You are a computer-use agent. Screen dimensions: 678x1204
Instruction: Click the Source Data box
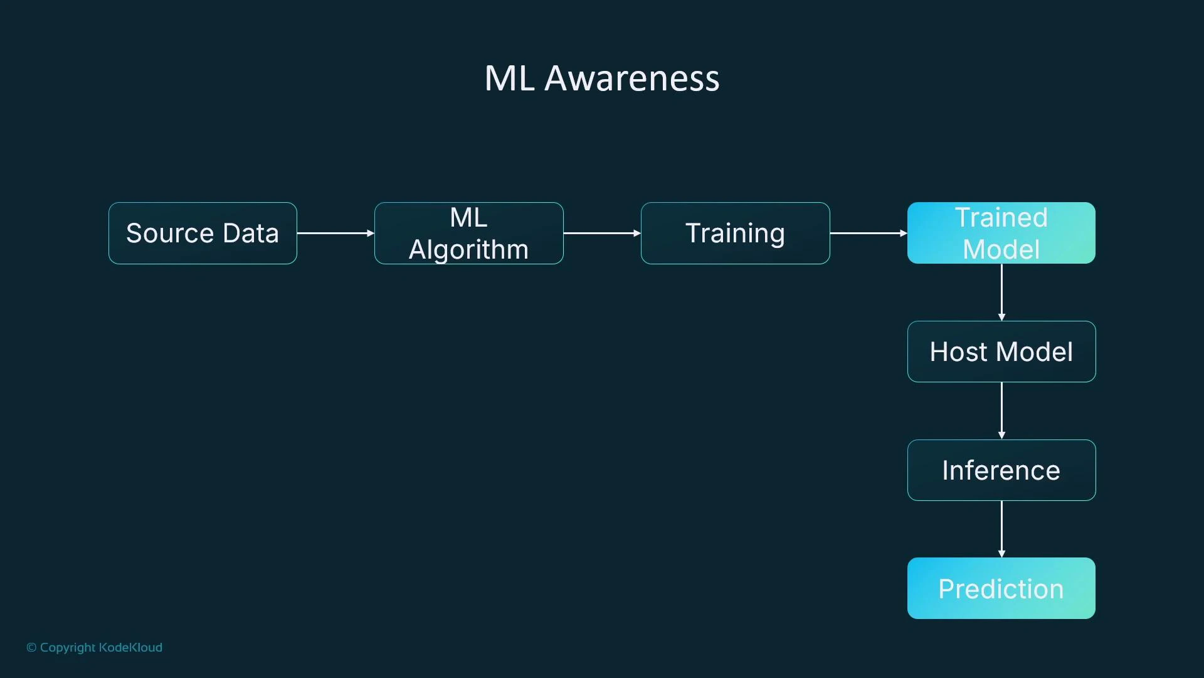coord(203,233)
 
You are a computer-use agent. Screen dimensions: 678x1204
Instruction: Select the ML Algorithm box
coord(468,233)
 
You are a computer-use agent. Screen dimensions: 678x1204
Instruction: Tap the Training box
coord(735,233)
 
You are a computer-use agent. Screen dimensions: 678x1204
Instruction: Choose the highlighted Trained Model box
coord(1001,233)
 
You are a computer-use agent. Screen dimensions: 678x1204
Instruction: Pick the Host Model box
coord(1001,352)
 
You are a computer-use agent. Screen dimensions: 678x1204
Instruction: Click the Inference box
coord(1001,470)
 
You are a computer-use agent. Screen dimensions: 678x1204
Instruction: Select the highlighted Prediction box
coord(1001,588)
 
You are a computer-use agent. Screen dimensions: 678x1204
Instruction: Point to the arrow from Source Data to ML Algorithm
coord(335,233)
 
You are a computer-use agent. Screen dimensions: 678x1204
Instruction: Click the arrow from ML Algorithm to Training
coord(602,233)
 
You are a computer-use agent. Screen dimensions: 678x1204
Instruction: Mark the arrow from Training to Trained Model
coord(869,233)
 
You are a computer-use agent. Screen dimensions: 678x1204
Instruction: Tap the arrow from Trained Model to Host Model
coord(1001,292)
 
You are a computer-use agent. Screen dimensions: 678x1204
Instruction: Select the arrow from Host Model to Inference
coord(1001,411)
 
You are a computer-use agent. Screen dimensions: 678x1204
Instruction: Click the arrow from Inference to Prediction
coord(1001,529)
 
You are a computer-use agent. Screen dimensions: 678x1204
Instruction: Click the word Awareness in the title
coord(631,78)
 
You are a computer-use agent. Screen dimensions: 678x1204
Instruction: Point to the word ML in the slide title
coord(509,78)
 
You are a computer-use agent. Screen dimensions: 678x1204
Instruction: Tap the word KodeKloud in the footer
coord(130,647)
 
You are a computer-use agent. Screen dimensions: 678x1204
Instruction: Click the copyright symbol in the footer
coord(31,647)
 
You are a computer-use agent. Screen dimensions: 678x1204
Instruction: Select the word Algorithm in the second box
coord(468,250)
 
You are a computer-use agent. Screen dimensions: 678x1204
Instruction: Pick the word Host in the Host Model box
coord(958,352)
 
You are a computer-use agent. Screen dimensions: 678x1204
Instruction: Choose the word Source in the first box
coord(170,233)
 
